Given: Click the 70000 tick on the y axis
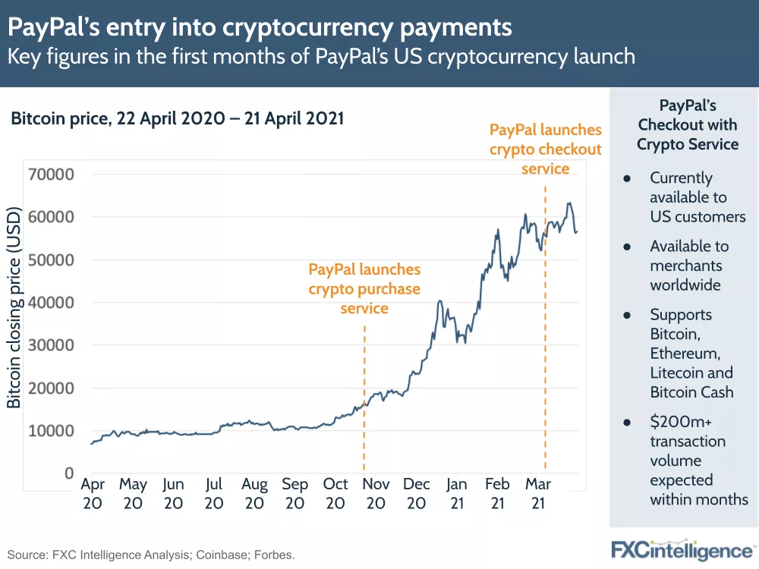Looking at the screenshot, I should tap(51, 174).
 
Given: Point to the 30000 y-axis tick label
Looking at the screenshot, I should tap(51, 345).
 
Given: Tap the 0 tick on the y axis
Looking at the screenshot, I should tap(68, 473).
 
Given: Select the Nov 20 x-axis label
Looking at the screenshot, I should tap(376, 493).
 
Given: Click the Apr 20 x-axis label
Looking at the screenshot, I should tap(93, 493).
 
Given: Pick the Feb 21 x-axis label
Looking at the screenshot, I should tap(497, 493).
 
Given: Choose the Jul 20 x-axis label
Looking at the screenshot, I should tap(214, 493).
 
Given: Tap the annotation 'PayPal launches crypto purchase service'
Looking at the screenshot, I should tap(364, 289).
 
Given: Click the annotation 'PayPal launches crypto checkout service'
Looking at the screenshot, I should tap(545, 149).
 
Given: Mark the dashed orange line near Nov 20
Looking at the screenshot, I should tap(364, 402).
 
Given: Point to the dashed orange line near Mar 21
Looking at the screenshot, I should tap(545, 341).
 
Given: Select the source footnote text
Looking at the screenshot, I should tap(151, 555).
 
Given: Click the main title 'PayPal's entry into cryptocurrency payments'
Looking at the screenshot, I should tap(260, 28).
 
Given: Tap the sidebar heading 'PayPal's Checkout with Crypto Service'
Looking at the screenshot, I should tap(688, 124).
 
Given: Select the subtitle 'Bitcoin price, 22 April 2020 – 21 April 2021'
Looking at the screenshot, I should tap(177, 118).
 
